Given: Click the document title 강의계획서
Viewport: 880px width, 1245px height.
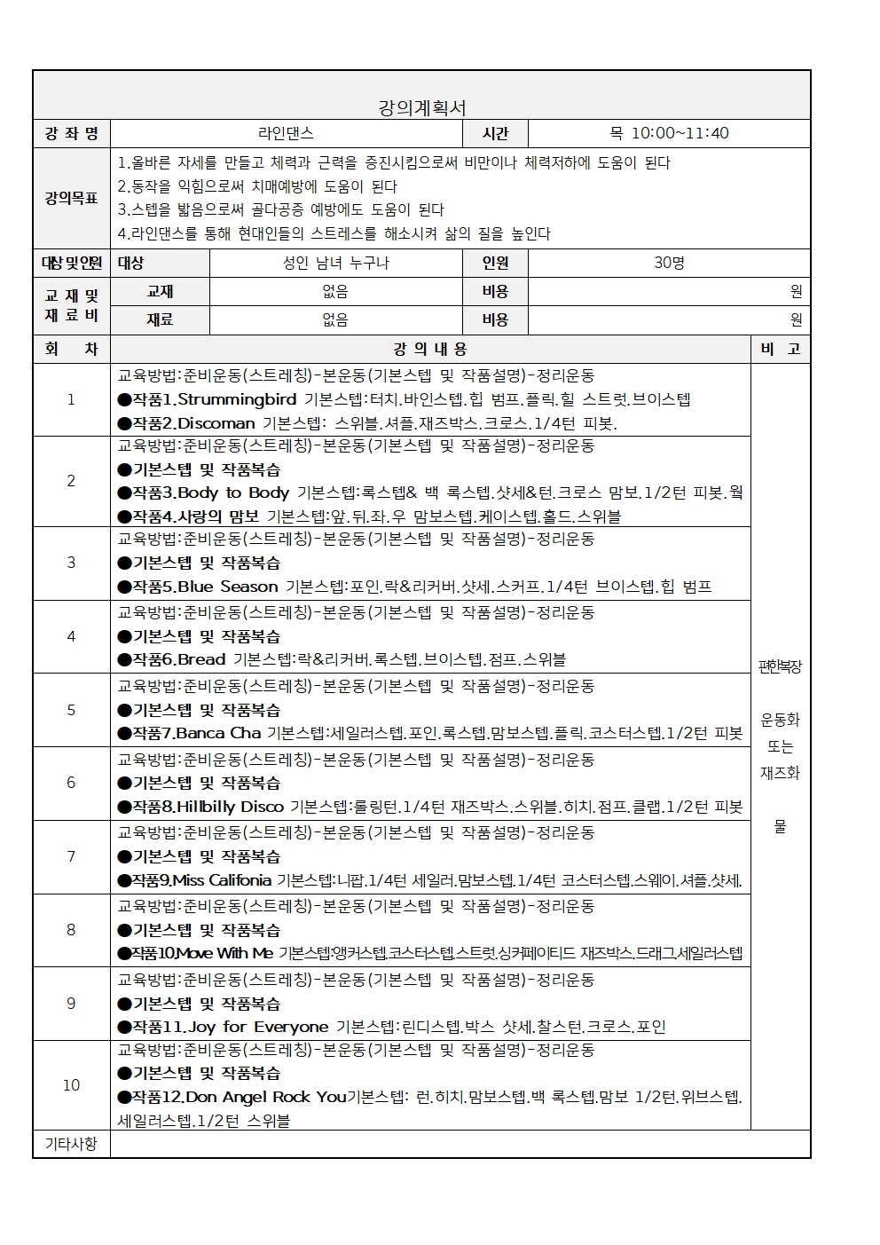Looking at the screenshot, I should [421, 108].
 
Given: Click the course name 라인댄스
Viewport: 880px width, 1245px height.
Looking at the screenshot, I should [286, 133].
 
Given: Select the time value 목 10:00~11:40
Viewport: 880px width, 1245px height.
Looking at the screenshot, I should [669, 133].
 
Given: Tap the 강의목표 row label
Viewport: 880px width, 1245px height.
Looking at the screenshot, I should [71, 198].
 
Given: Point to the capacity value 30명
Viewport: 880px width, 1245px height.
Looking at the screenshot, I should [669, 263].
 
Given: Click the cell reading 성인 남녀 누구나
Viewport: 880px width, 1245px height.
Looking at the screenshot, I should [335, 263].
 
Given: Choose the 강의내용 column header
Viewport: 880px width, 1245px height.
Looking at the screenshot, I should [430, 350].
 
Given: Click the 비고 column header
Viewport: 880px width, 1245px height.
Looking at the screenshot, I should [781, 350].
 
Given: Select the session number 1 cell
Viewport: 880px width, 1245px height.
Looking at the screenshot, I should [71, 399].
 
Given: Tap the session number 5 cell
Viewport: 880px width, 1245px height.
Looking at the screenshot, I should [71, 710].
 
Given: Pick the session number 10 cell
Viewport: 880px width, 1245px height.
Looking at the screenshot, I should [71, 1084].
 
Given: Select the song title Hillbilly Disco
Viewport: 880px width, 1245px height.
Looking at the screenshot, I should [230, 807].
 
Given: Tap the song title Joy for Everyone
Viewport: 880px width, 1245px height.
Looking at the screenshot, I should [258, 1027].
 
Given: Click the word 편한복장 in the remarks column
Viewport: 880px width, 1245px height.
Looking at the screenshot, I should [781, 666].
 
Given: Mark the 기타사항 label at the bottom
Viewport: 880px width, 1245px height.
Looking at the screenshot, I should [71, 1144].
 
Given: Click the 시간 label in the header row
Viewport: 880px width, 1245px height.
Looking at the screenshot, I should [495, 133].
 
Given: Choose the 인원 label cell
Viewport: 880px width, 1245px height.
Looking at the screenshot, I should [495, 263].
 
